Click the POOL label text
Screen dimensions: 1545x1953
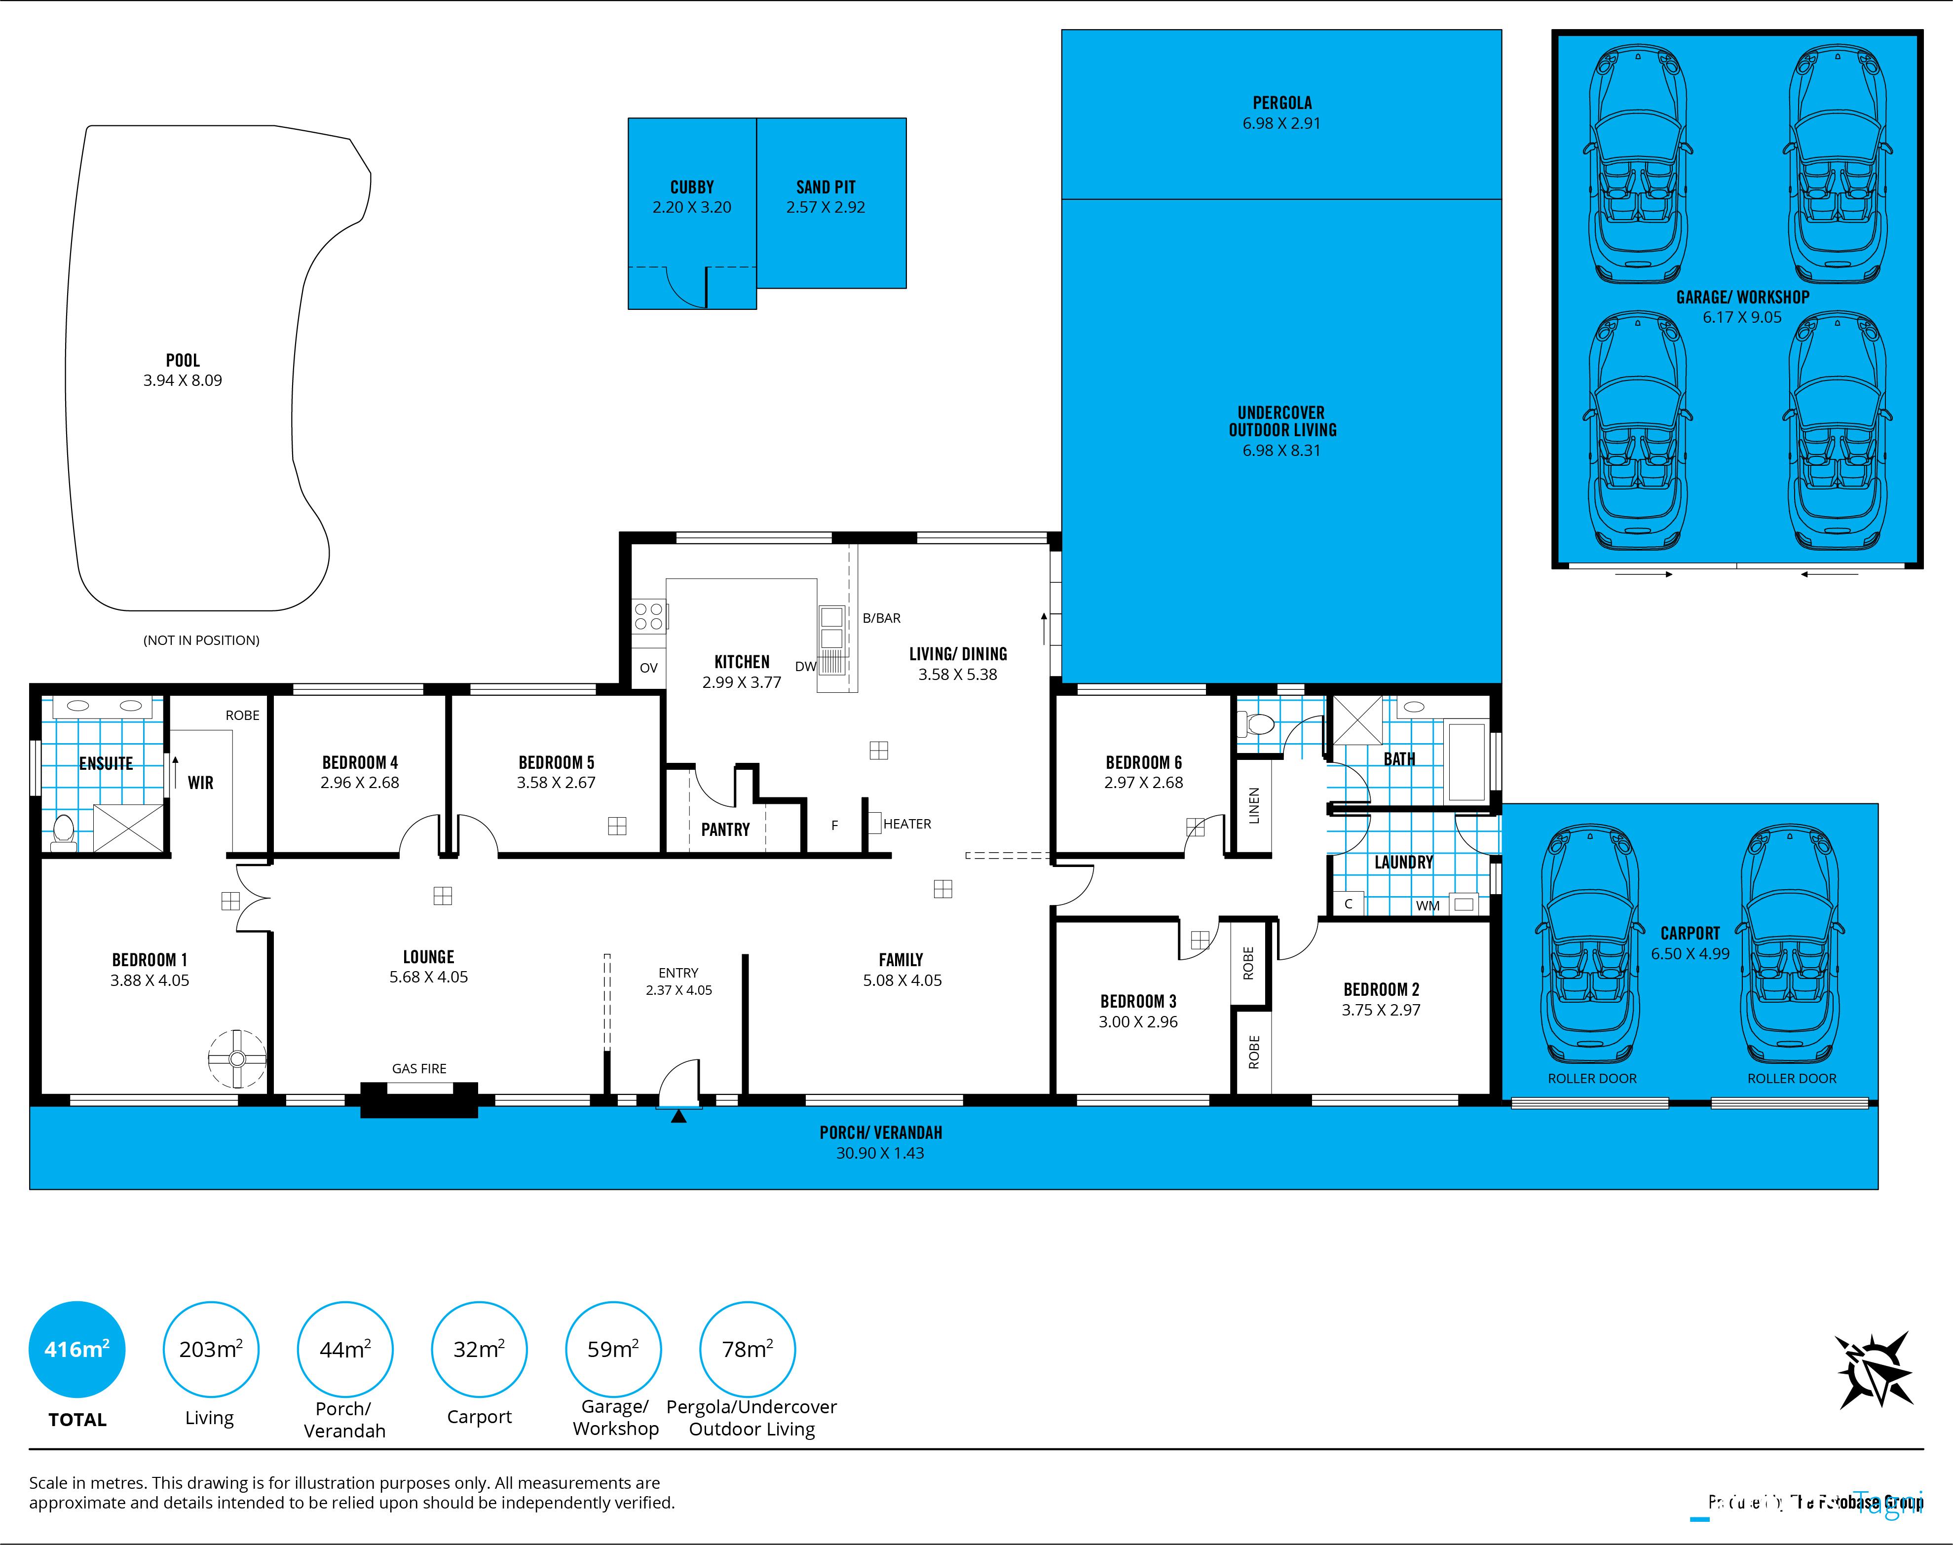pyautogui.click(x=183, y=360)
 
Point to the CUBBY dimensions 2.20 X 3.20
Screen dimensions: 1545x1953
pyautogui.click(x=691, y=207)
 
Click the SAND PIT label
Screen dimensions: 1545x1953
pyautogui.click(x=825, y=187)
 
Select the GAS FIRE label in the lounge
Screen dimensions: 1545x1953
pyautogui.click(x=419, y=1068)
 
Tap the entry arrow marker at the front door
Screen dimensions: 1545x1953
pyautogui.click(x=678, y=1116)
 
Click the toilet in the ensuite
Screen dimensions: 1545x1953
pyautogui.click(x=63, y=832)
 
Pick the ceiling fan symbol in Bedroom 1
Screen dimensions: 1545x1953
pyautogui.click(x=237, y=1058)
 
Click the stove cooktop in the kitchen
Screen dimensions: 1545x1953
pyautogui.click(x=648, y=616)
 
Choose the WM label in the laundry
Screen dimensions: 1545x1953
pyautogui.click(x=1427, y=905)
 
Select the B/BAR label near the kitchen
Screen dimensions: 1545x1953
pyautogui.click(x=881, y=618)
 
